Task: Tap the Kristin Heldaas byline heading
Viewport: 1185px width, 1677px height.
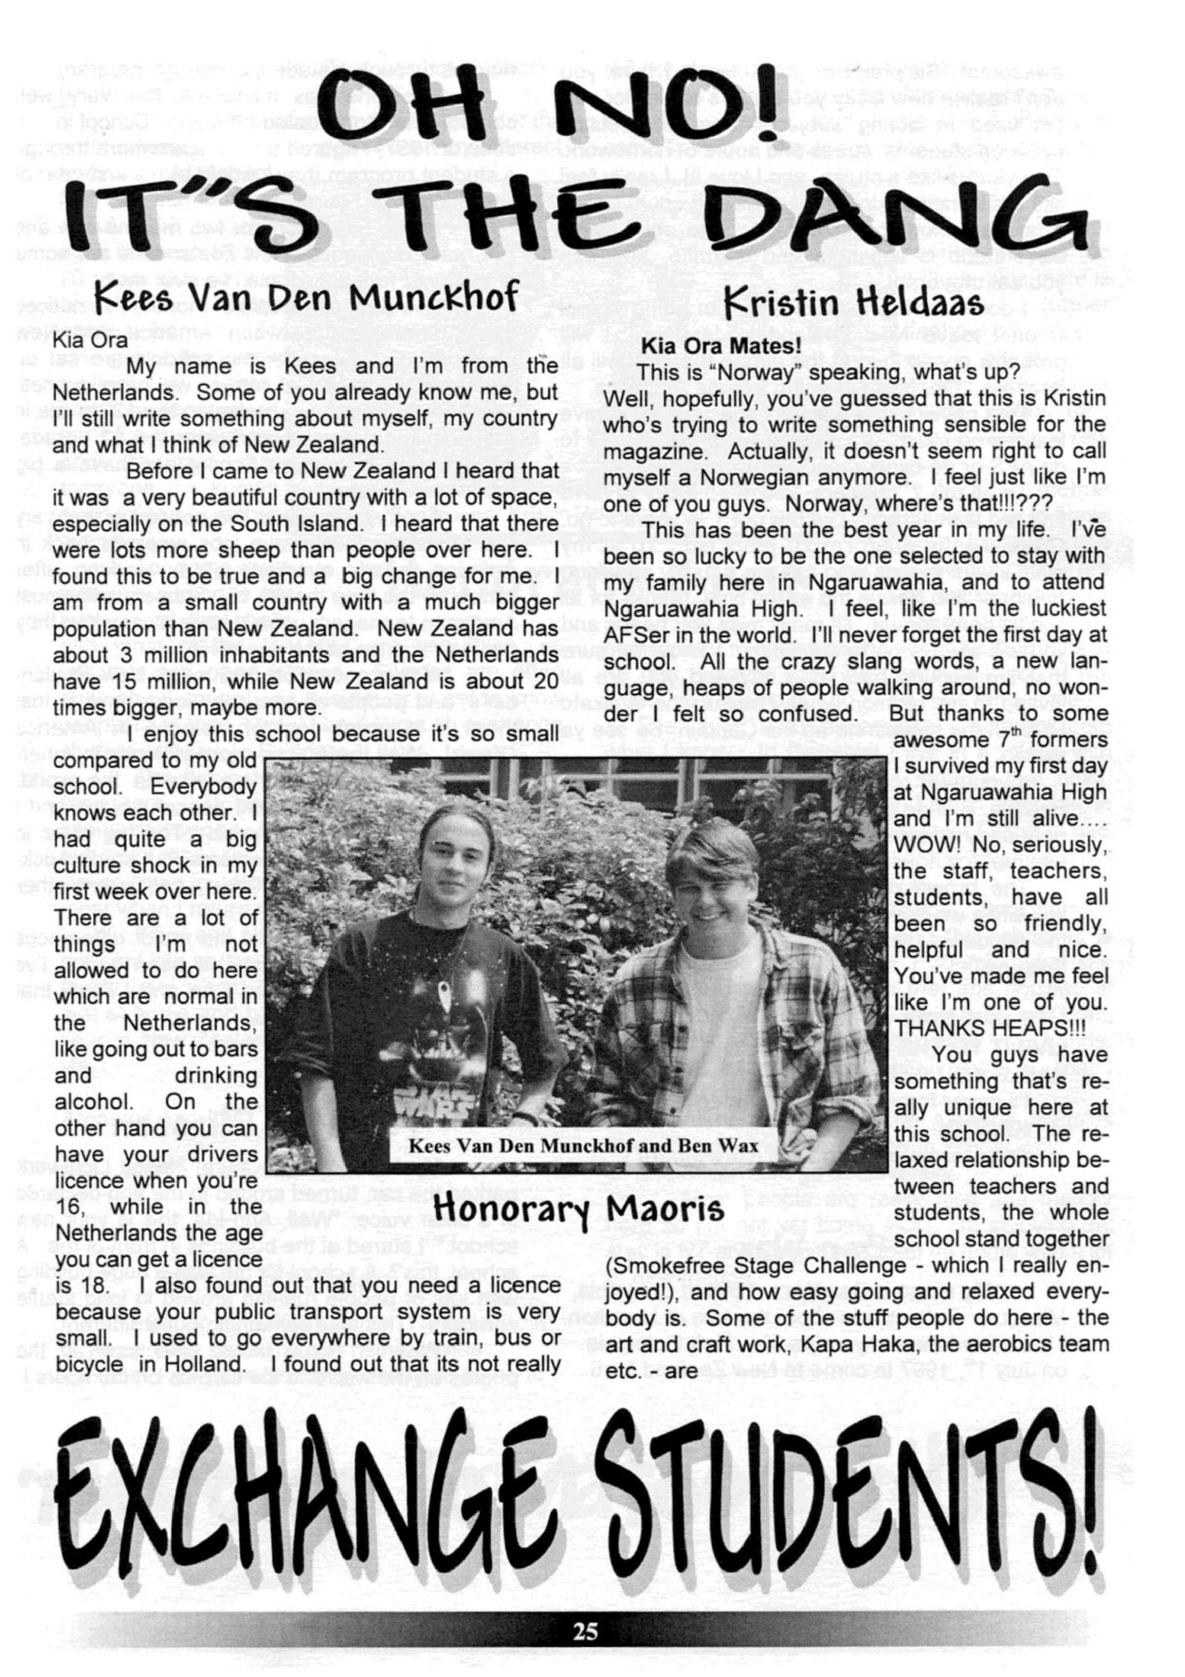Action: [853, 302]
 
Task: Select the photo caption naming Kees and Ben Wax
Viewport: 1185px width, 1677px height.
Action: [582, 1145]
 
